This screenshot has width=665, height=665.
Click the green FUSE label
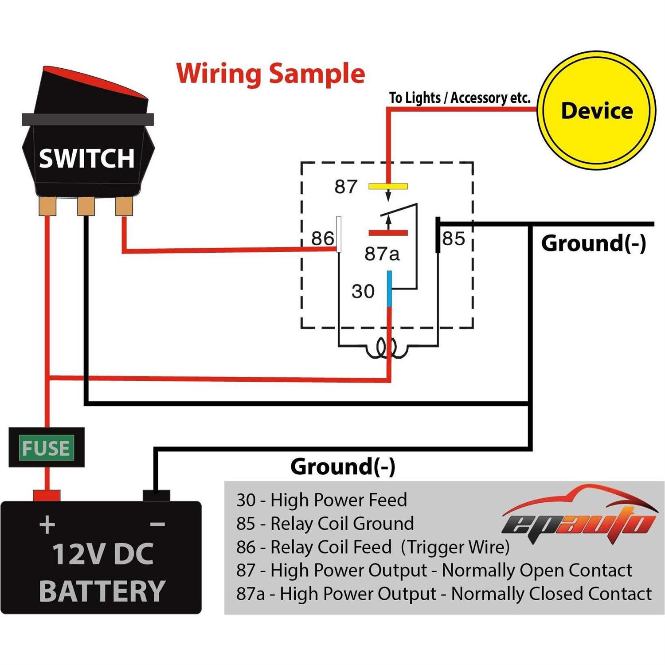click(x=46, y=448)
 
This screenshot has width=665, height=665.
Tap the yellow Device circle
click(x=596, y=111)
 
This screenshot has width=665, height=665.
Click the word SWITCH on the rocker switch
click(x=86, y=158)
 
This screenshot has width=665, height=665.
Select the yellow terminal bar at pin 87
click(x=388, y=187)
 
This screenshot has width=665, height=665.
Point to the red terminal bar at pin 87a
click(x=388, y=233)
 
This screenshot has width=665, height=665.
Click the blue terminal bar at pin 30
click(x=389, y=289)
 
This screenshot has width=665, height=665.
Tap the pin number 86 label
click(x=322, y=239)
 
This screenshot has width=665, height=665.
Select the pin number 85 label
click(x=454, y=239)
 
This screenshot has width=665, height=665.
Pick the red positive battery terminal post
click(x=47, y=495)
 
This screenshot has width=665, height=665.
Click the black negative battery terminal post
click(x=156, y=495)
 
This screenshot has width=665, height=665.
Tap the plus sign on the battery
click(x=47, y=525)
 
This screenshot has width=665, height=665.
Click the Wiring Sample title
click(x=270, y=73)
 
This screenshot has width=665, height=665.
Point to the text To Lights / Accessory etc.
click(x=459, y=98)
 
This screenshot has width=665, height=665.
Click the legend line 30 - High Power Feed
click(x=321, y=500)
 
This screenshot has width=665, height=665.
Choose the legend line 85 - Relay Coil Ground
click(x=325, y=524)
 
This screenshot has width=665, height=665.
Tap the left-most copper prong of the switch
click(x=47, y=206)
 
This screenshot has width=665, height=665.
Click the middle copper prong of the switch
click(x=86, y=206)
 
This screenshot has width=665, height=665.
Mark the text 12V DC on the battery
click(x=103, y=554)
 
